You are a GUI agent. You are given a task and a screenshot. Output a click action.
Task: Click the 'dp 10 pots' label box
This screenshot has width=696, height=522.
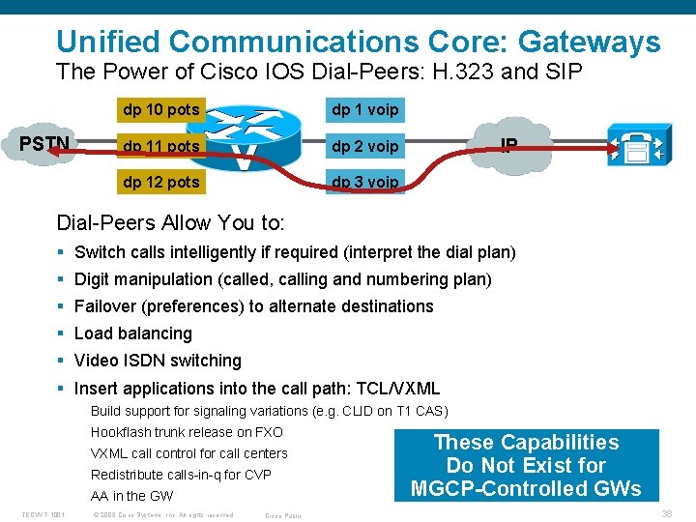(x=159, y=109)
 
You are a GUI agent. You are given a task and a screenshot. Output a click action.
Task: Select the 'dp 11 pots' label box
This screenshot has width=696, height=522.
(x=159, y=146)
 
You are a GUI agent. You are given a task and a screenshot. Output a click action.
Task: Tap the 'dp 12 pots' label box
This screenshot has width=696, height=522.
(x=159, y=182)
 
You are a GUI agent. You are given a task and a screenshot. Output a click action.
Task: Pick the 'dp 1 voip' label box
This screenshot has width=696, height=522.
(x=364, y=109)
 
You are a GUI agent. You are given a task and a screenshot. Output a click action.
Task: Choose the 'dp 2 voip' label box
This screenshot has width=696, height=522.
(x=364, y=146)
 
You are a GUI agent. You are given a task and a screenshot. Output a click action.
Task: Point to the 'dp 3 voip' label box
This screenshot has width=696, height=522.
(x=364, y=182)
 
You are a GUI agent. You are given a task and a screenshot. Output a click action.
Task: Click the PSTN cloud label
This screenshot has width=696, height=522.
(x=44, y=144)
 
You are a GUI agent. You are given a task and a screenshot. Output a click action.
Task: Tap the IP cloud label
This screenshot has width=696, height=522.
(x=508, y=146)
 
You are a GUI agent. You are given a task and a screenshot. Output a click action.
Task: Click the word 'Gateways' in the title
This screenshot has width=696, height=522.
(x=590, y=42)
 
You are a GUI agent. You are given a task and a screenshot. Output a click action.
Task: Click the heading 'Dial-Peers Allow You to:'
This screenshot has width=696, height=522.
(x=170, y=223)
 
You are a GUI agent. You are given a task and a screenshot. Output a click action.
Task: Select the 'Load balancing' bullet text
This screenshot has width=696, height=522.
(x=132, y=333)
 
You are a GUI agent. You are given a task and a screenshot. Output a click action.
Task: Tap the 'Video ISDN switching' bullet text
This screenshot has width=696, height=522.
(x=158, y=361)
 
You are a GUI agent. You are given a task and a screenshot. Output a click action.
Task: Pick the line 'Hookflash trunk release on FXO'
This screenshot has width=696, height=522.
(x=187, y=432)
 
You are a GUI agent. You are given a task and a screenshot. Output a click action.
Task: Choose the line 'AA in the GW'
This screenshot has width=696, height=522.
(x=131, y=496)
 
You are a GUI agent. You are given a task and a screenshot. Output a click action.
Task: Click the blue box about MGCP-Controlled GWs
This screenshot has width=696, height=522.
(x=525, y=465)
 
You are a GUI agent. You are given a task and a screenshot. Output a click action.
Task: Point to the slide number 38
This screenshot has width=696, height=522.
(x=666, y=514)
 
